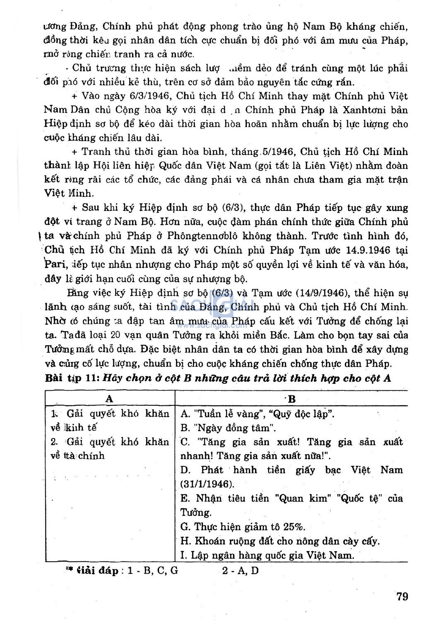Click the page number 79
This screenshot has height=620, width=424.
pos(402,596)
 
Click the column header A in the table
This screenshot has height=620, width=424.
pos(109,398)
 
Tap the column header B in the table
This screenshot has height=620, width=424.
pos(291,399)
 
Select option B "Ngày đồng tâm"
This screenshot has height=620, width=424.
pos(228,427)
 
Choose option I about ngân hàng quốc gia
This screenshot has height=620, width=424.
pos(267,555)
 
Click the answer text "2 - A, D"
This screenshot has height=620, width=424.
pos(240,571)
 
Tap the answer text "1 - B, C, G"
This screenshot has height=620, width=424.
pos(153,571)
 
